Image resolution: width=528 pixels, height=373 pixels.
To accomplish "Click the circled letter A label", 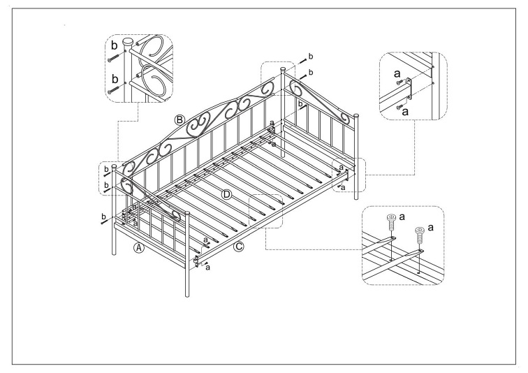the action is click(x=139, y=248).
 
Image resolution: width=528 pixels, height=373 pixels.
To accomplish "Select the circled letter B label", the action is click(x=179, y=119).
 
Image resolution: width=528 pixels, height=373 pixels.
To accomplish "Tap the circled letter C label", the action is click(x=238, y=247).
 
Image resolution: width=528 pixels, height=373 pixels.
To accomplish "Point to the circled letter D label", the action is click(x=226, y=194).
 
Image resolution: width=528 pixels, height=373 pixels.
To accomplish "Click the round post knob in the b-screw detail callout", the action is click(x=128, y=43).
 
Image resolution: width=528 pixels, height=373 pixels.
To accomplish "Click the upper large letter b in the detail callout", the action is click(x=115, y=45).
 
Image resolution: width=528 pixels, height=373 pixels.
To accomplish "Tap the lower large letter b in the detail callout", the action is click(x=115, y=79).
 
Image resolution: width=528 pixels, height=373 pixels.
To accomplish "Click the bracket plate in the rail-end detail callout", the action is click(x=409, y=89).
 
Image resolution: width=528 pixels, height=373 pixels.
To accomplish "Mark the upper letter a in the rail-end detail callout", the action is click(x=397, y=73).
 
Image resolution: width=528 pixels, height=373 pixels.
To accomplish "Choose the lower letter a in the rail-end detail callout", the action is click(x=405, y=112).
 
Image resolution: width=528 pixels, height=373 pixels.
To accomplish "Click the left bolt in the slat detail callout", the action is click(x=390, y=221).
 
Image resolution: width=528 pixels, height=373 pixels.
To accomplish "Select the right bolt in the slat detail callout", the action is click(x=420, y=235).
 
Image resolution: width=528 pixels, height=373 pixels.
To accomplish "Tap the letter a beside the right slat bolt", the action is click(x=431, y=228).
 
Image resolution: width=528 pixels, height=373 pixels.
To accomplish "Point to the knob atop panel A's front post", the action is click(x=187, y=214).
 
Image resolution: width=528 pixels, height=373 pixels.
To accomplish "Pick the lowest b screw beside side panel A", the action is click(x=104, y=221).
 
